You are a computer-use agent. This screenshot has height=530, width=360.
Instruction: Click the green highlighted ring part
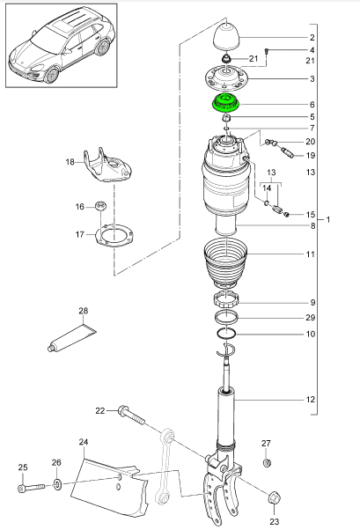point(228,102)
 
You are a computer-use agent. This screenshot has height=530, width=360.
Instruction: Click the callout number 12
point(311,401)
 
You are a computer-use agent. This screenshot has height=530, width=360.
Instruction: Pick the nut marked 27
point(267,463)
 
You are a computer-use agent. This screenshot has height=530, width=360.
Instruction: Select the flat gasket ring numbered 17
point(112,236)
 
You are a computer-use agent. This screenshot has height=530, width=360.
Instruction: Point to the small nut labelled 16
point(100,207)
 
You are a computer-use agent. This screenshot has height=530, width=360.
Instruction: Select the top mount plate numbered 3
point(227,77)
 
